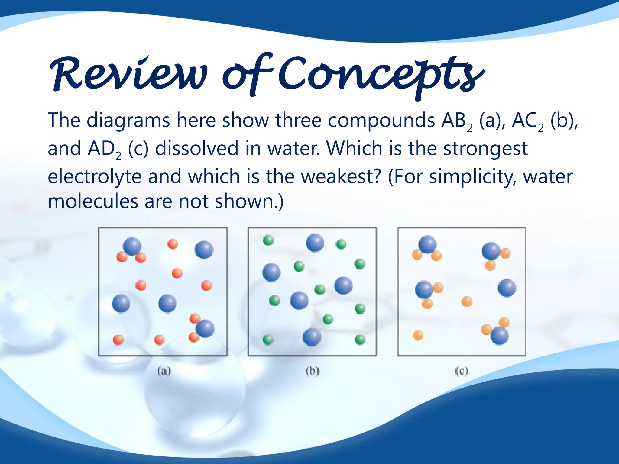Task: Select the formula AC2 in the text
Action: click(x=527, y=121)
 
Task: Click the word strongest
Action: click(x=485, y=149)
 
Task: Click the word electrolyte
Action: click(x=95, y=177)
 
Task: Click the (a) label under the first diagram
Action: click(x=164, y=371)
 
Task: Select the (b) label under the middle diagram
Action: click(x=312, y=371)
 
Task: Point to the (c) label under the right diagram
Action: click(x=462, y=371)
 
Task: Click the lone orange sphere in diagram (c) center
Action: click(x=467, y=301)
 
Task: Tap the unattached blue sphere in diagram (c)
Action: click(x=507, y=288)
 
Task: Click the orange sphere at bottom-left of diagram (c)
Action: click(x=418, y=335)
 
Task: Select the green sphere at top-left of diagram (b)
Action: click(x=268, y=240)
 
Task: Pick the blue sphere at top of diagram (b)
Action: click(x=315, y=243)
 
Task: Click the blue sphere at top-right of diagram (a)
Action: click(x=204, y=250)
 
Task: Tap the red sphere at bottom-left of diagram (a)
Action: click(x=118, y=340)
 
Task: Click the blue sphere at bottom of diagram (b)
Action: click(x=312, y=337)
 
